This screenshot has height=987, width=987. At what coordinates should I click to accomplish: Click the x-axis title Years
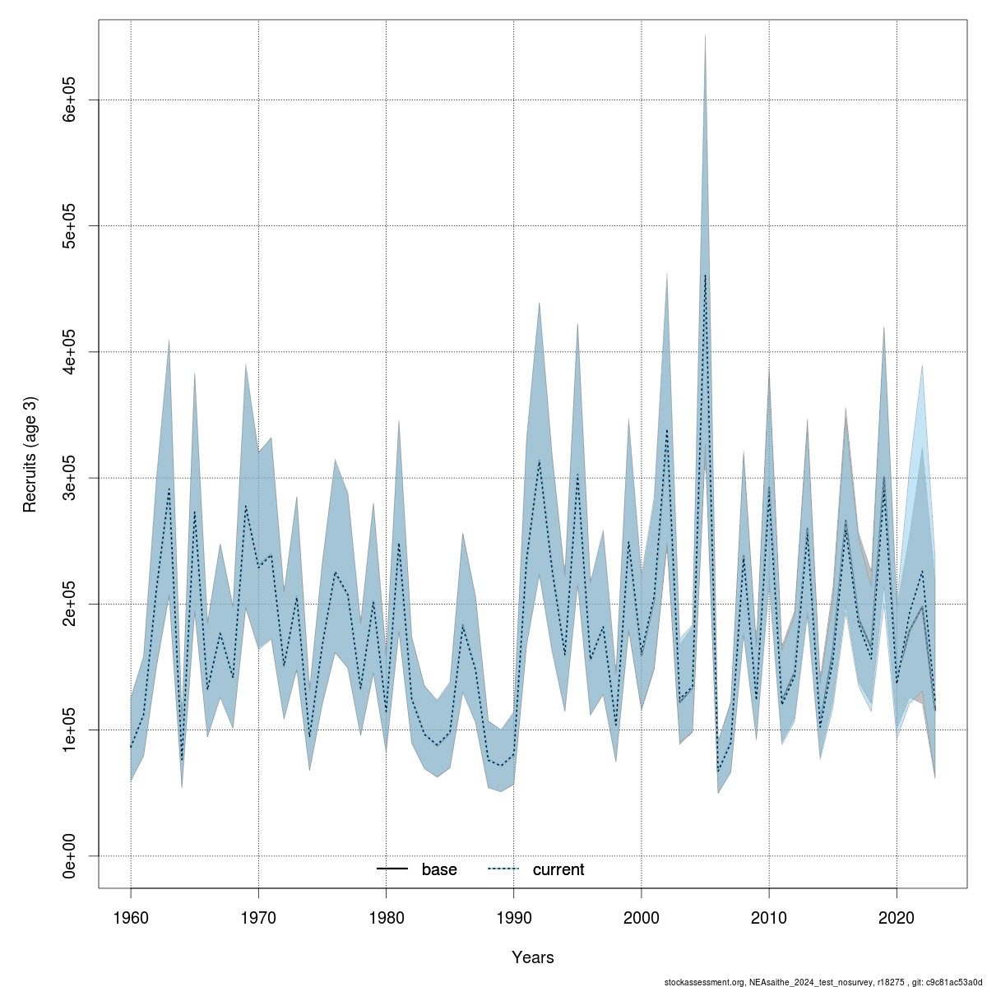(532, 957)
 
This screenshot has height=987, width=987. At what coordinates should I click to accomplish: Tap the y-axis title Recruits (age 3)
(30, 455)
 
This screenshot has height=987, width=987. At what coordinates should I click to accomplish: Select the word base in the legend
(439, 869)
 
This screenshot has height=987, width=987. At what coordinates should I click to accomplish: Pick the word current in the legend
(558, 869)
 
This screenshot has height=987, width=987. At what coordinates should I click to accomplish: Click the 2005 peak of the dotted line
(705, 276)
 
